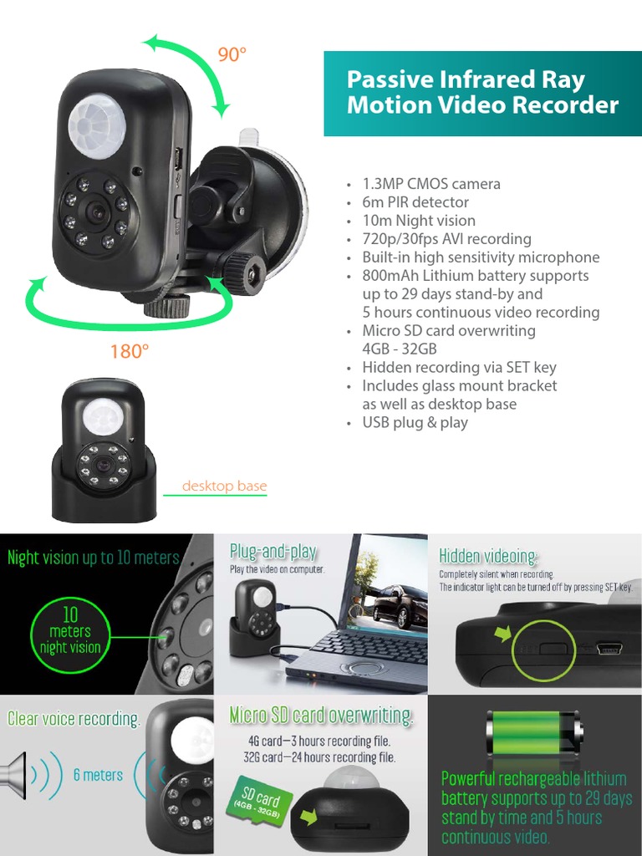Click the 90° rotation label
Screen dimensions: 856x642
(x=232, y=54)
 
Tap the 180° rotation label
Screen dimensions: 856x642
(x=130, y=351)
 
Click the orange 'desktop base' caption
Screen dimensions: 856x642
(x=224, y=487)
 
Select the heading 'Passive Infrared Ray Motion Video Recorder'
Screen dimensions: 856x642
(x=482, y=92)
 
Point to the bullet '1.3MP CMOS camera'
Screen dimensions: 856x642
(x=431, y=184)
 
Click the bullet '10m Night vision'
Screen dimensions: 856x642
(x=418, y=221)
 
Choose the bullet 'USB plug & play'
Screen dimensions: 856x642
(x=415, y=423)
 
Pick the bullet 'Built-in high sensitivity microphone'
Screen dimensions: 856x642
(x=480, y=257)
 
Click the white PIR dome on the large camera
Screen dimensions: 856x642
(x=97, y=128)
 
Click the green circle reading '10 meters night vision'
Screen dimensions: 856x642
(x=70, y=632)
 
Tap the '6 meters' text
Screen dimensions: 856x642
(x=98, y=775)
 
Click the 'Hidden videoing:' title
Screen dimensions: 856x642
(x=489, y=556)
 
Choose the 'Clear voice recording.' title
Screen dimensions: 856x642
(x=74, y=719)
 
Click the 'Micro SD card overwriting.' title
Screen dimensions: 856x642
(x=321, y=716)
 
